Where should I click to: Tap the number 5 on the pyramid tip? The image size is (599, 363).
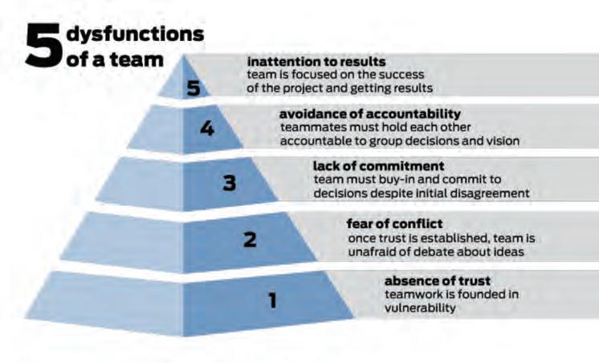click(193, 88)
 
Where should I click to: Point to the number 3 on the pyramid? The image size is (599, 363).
click(229, 183)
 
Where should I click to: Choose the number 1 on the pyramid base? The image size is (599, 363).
click(273, 301)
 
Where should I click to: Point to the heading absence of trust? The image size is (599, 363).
click(438, 281)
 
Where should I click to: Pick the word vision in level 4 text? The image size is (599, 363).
click(503, 141)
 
